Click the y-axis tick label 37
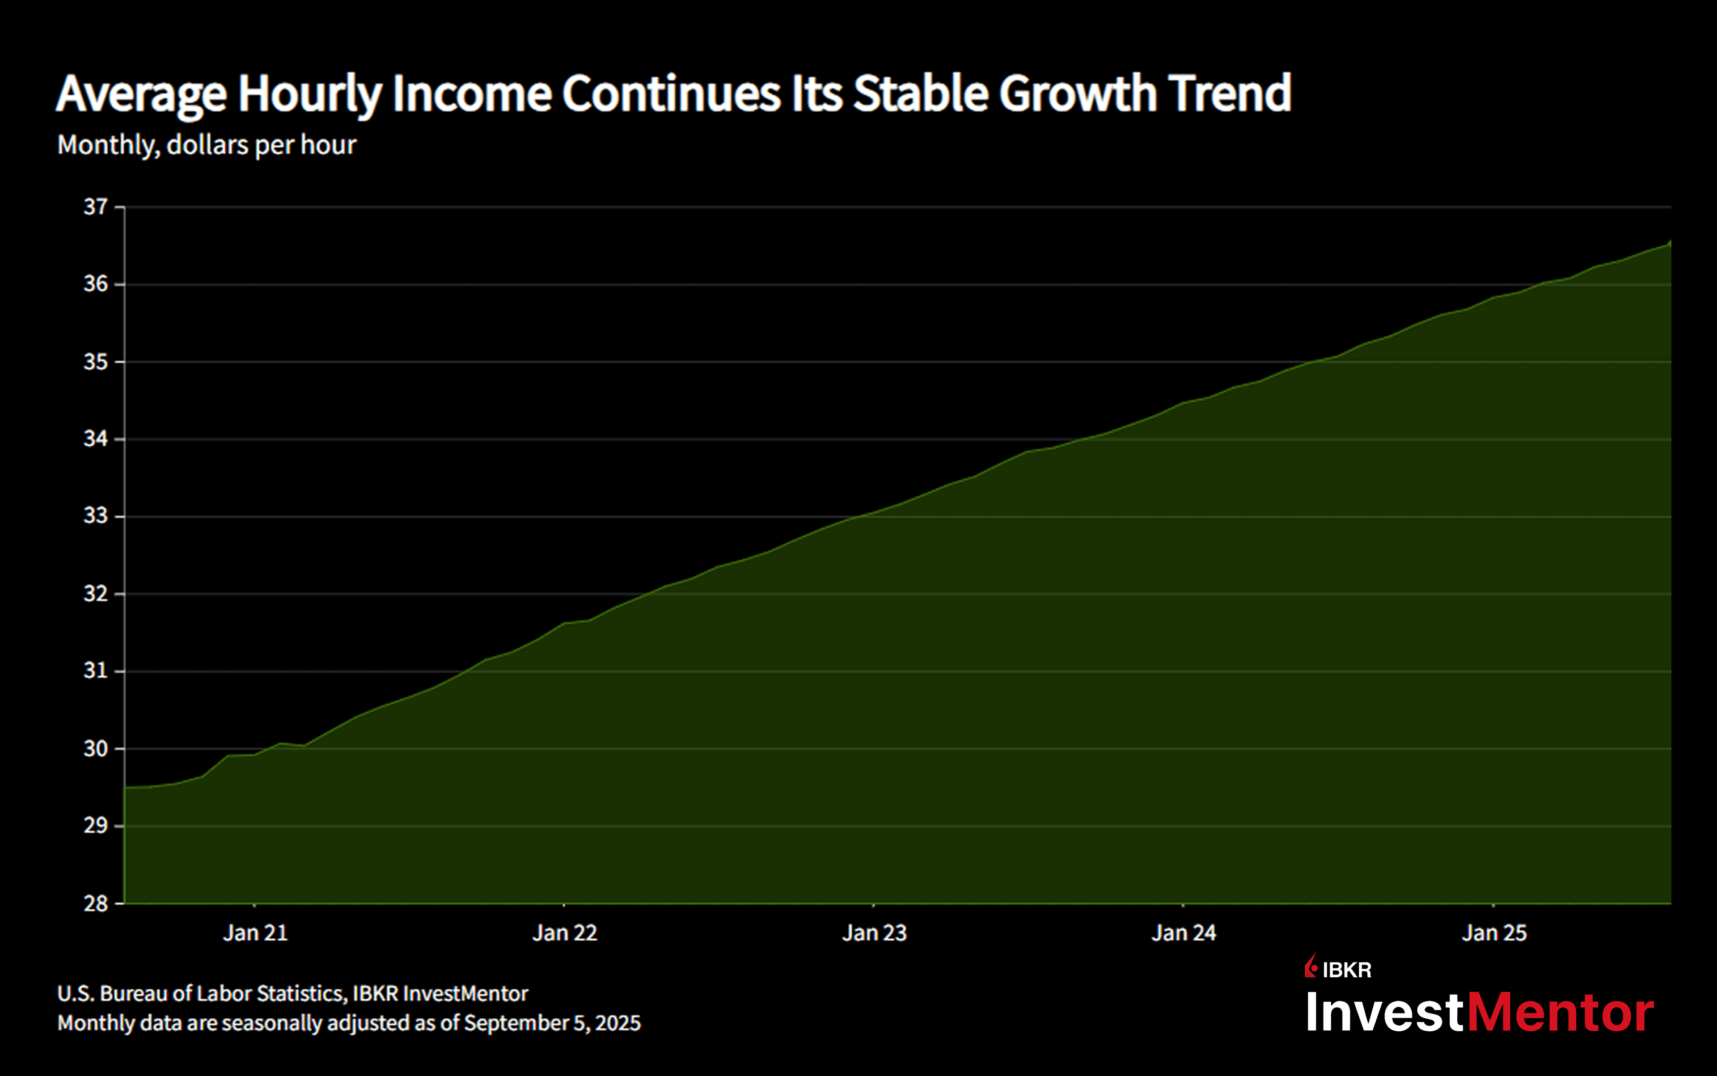point(95,207)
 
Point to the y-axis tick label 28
point(95,904)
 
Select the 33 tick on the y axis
point(95,516)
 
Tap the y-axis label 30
point(95,749)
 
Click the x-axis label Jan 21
point(255,933)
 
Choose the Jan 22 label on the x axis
point(564,933)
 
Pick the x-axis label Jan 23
point(874,933)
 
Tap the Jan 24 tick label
point(1184,933)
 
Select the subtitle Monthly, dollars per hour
point(207,145)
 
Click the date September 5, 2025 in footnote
point(552,1023)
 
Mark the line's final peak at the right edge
point(1670,242)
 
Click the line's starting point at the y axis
point(125,788)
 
